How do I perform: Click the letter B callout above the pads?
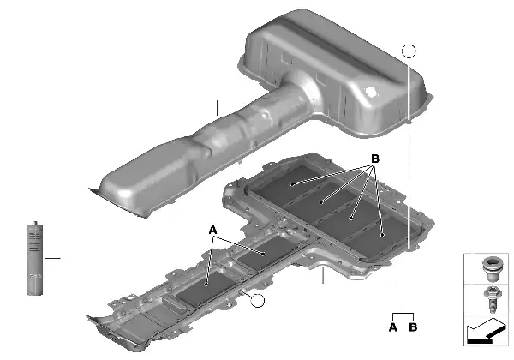click(x=374, y=159)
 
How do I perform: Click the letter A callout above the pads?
click(x=212, y=231)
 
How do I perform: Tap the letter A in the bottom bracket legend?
click(x=392, y=327)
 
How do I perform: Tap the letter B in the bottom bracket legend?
click(x=413, y=327)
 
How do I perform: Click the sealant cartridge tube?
click(x=35, y=258)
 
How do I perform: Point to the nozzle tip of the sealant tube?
click(x=34, y=223)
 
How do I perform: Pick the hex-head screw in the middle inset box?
click(x=492, y=299)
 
